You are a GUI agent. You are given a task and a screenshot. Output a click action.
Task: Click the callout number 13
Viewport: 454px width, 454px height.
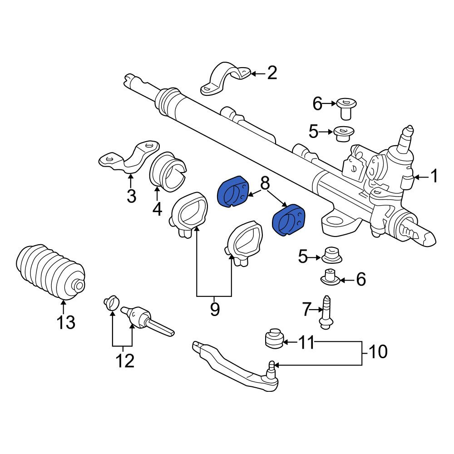pos(66,322)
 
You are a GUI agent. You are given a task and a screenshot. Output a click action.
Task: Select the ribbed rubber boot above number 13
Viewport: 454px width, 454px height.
pos(50,273)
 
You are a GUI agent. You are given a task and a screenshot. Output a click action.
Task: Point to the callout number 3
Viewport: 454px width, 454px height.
pos(132,196)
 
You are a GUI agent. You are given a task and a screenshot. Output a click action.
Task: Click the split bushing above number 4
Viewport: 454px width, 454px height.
pos(168,172)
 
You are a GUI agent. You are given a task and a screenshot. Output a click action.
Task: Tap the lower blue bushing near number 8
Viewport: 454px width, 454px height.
pos(289,220)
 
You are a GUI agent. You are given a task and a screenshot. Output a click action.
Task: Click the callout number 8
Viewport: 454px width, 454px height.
pos(265,183)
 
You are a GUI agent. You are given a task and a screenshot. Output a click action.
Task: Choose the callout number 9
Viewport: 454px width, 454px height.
pos(215,309)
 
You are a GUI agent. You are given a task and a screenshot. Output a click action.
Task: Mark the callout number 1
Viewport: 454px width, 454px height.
pos(434,176)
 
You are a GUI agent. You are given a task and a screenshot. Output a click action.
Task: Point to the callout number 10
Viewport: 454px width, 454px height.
pos(378,351)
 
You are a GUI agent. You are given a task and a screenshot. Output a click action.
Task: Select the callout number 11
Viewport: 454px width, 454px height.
pos(306,342)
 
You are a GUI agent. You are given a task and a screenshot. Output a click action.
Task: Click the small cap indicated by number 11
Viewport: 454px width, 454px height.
pos(274,338)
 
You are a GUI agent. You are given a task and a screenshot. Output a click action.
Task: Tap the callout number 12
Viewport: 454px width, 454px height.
pos(125,361)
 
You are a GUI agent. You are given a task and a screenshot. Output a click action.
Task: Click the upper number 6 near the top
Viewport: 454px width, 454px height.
pos(317,104)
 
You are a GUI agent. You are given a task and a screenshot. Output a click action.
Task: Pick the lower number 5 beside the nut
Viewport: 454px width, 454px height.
pos(303,257)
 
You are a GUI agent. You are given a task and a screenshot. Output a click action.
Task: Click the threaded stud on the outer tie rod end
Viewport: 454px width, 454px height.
pos(271,369)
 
